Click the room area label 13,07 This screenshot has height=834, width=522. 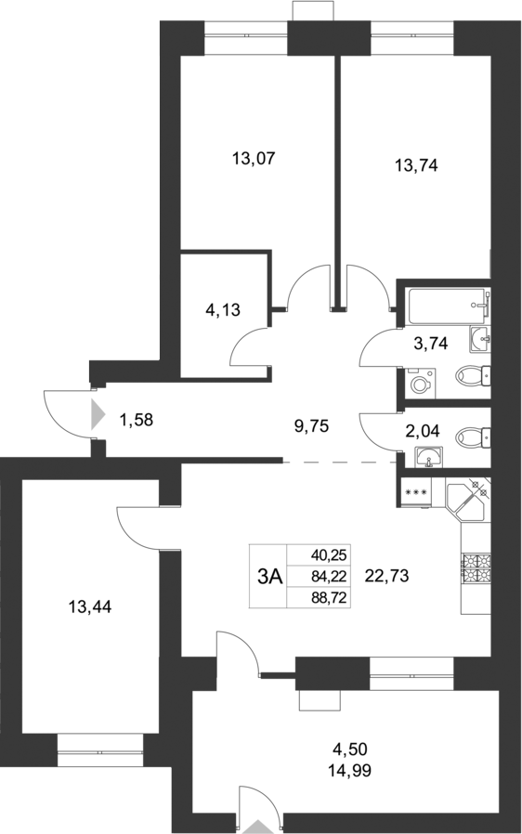pos(254,159)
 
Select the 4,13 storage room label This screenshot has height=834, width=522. pos(223,310)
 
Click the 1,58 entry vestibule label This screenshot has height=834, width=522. pos(136,419)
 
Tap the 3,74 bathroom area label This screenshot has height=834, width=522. pos(430,343)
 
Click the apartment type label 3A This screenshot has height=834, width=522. pos(269,576)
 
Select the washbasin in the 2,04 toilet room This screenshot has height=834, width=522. pos(428,457)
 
